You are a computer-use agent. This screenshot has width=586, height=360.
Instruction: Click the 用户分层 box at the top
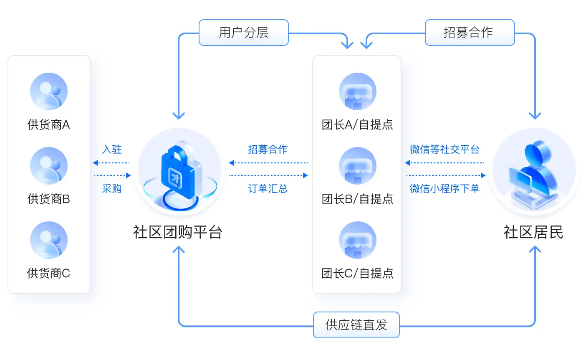[x=244, y=33]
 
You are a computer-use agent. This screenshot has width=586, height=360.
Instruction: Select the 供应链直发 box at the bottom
[x=356, y=325]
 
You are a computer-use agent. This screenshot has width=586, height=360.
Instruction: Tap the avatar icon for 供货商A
[x=49, y=91]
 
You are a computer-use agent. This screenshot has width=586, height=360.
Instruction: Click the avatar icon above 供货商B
[x=49, y=166]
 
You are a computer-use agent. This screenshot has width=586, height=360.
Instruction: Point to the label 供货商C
[x=49, y=273]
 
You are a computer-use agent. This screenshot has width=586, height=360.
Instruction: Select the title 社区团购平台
[x=178, y=232]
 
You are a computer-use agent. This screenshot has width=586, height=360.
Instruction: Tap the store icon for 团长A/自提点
[x=357, y=91]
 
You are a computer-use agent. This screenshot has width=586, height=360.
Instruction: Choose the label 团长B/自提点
[x=357, y=199]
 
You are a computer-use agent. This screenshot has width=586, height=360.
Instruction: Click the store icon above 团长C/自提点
[x=357, y=240]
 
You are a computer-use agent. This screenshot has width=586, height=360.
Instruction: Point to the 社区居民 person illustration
[x=534, y=171]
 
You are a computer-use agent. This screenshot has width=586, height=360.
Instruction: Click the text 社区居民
[x=533, y=232]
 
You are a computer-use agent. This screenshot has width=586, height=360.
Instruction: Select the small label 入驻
[x=112, y=150]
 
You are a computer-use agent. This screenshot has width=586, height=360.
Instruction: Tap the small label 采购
[x=112, y=189]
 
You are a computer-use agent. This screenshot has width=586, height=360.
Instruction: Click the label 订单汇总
[x=268, y=189]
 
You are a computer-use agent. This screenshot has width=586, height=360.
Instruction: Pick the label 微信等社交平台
[x=445, y=150]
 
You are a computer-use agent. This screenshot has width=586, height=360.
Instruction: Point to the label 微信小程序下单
[x=445, y=189]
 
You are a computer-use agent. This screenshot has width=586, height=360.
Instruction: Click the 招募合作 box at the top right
[x=470, y=33]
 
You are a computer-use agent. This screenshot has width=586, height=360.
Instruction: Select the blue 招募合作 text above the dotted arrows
[x=268, y=150]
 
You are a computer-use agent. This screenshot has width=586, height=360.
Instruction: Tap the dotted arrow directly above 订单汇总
[x=268, y=175]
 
